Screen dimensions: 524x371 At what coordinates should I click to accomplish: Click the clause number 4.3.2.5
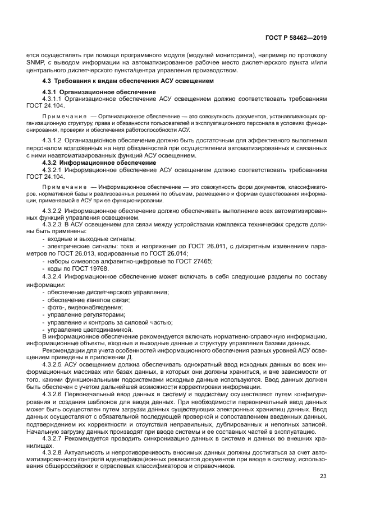(x=53, y=364)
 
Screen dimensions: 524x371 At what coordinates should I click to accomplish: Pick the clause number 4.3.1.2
(x=53, y=141)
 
